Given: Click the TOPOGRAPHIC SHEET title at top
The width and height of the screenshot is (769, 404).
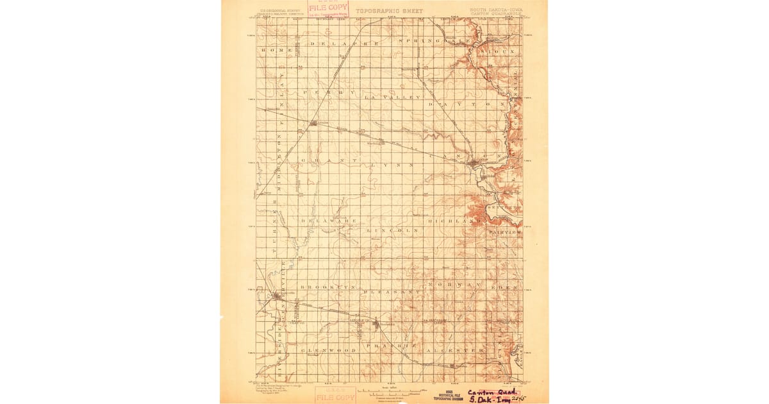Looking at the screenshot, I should tap(390, 11).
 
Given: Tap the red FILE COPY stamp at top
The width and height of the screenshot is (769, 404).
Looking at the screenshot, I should tap(328, 9).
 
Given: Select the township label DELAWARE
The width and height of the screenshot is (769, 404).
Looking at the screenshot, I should tap(329, 221).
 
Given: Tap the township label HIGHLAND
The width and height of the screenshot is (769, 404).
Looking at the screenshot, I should tap(458, 221).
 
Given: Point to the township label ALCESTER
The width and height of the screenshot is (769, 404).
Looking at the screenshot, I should tap(458, 351).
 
